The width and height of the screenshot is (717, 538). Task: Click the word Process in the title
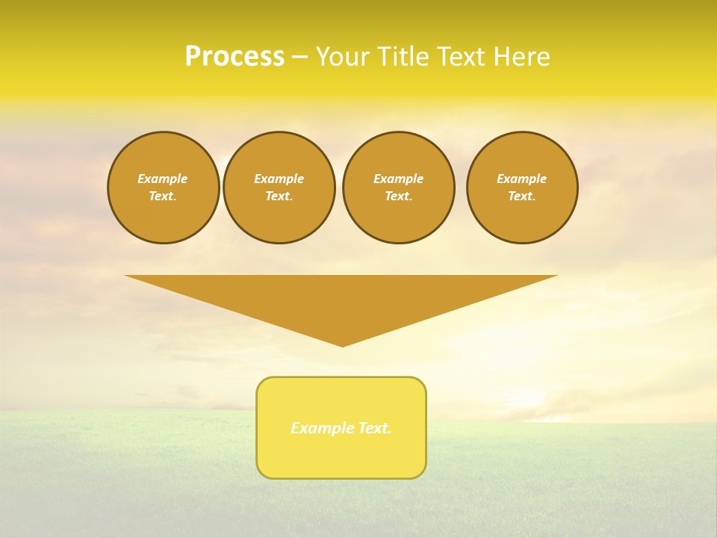click(235, 57)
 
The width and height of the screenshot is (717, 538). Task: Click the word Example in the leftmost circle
click(163, 179)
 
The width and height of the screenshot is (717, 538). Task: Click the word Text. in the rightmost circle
click(522, 197)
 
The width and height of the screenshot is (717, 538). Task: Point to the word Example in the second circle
click(279, 179)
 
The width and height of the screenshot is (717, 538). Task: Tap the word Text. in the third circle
click(398, 197)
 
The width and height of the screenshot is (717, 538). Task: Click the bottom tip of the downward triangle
click(342, 344)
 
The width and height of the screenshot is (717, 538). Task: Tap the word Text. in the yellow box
click(376, 428)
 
